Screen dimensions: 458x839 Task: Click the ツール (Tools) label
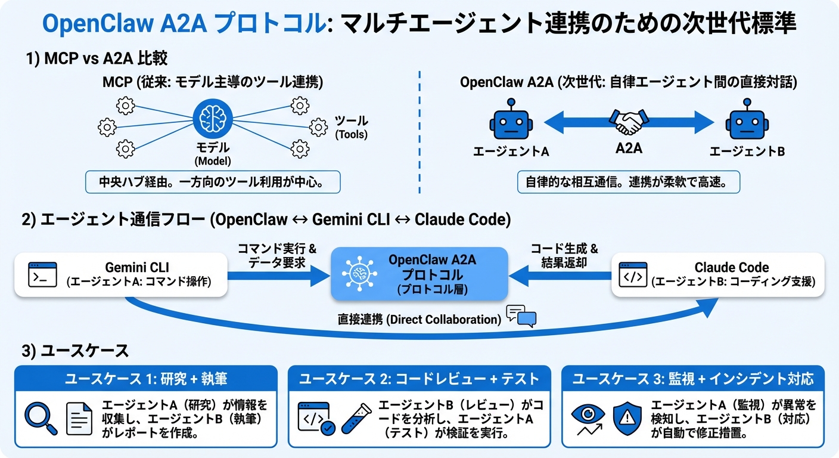(351, 127)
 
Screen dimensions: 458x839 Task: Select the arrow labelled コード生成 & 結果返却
(560, 275)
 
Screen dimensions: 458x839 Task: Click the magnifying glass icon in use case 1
(41, 419)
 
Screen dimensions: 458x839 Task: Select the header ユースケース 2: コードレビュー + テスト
(419, 378)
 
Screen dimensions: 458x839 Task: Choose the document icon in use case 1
(79, 419)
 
